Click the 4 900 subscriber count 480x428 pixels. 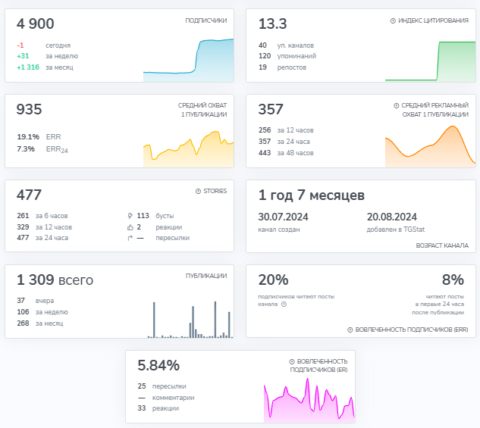35,23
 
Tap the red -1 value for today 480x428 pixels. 20,45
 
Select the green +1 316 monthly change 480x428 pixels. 28,67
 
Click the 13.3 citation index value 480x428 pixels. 272,23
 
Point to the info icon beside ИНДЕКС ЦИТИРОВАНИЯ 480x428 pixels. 393,20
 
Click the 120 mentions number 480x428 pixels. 265,56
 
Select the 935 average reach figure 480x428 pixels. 29,109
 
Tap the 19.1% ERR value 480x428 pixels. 28,136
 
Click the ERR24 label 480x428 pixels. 57,149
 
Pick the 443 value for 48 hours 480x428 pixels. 265,153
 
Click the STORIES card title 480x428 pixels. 215,191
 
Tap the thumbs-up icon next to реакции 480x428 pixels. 130,227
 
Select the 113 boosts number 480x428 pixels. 143,216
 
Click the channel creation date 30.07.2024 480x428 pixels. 283,217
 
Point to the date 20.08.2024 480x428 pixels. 392,217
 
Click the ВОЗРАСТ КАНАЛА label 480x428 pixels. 442,245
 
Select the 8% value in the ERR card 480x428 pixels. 453,280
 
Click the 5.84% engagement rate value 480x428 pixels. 158,365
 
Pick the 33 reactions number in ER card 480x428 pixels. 142,408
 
